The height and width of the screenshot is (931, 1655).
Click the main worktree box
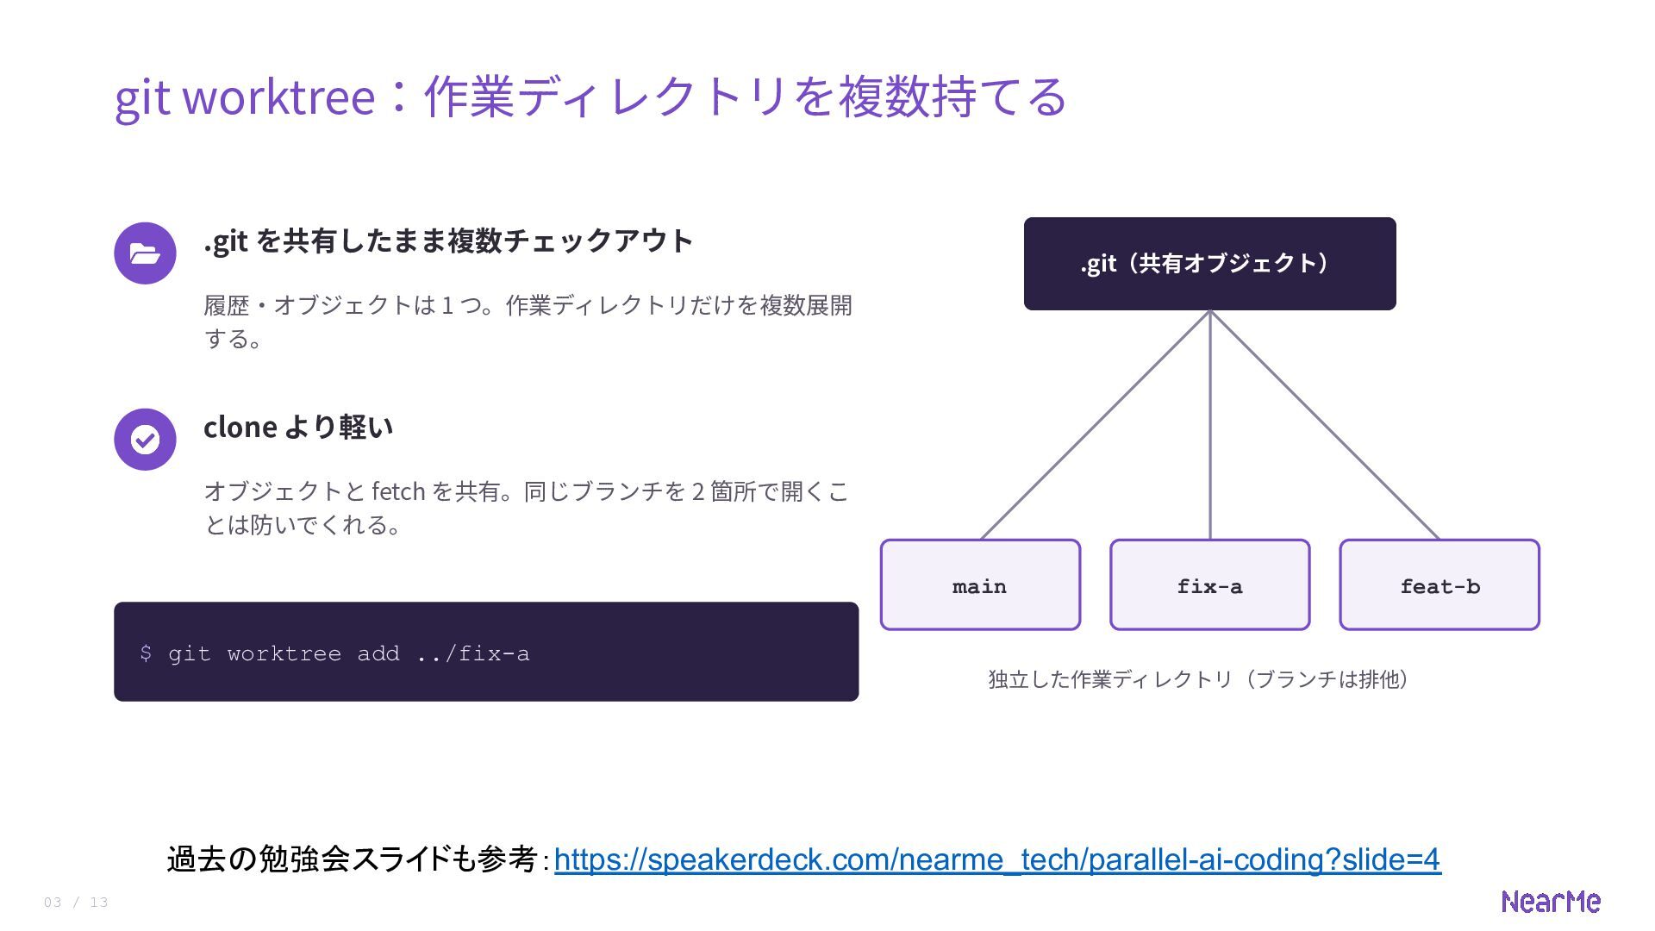(980, 584)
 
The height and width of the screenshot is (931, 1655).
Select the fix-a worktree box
(1210, 584)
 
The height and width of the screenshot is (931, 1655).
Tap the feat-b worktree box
(1440, 584)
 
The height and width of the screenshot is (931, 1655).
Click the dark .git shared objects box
(1209, 264)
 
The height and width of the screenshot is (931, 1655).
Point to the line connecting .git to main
(1096, 425)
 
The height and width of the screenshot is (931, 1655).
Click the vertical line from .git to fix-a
(1210, 425)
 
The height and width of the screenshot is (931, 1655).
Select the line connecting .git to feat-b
(1325, 425)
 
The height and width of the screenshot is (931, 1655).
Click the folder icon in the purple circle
(145, 253)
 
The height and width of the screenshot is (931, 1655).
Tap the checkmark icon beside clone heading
(145, 440)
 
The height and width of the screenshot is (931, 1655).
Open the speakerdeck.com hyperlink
(997, 859)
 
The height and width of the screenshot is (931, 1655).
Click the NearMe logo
(1551, 902)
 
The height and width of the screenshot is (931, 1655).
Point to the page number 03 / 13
(76, 903)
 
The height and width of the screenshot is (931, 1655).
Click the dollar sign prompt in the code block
(146, 653)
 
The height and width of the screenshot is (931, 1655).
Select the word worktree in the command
(284, 654)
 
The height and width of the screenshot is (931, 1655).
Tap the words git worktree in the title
(245, 97)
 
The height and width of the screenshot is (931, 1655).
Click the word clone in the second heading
(240, 427)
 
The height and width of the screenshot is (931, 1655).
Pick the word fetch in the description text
(398, 491)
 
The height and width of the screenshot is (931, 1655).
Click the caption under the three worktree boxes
(1199, 679)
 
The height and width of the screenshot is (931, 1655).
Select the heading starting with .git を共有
(448, 241)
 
